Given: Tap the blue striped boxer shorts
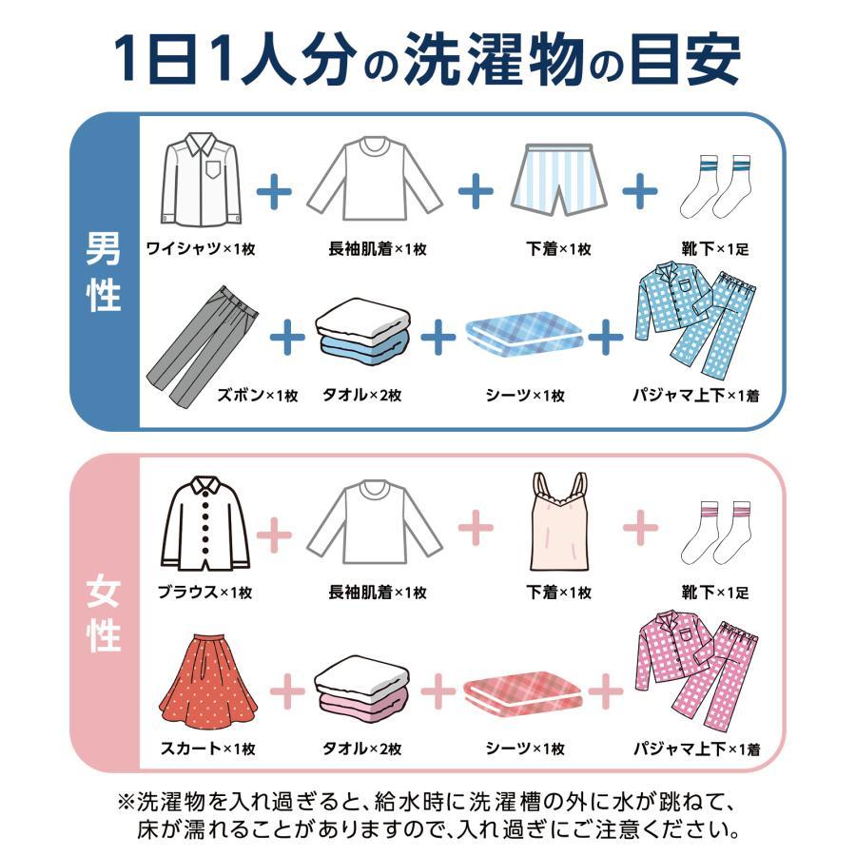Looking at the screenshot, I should [x=559, y=181].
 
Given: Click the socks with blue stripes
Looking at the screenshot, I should [x=714, y=185].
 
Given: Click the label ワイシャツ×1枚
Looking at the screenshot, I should [x=201, y=249].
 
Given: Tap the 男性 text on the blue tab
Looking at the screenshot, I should [x=104, y=273].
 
